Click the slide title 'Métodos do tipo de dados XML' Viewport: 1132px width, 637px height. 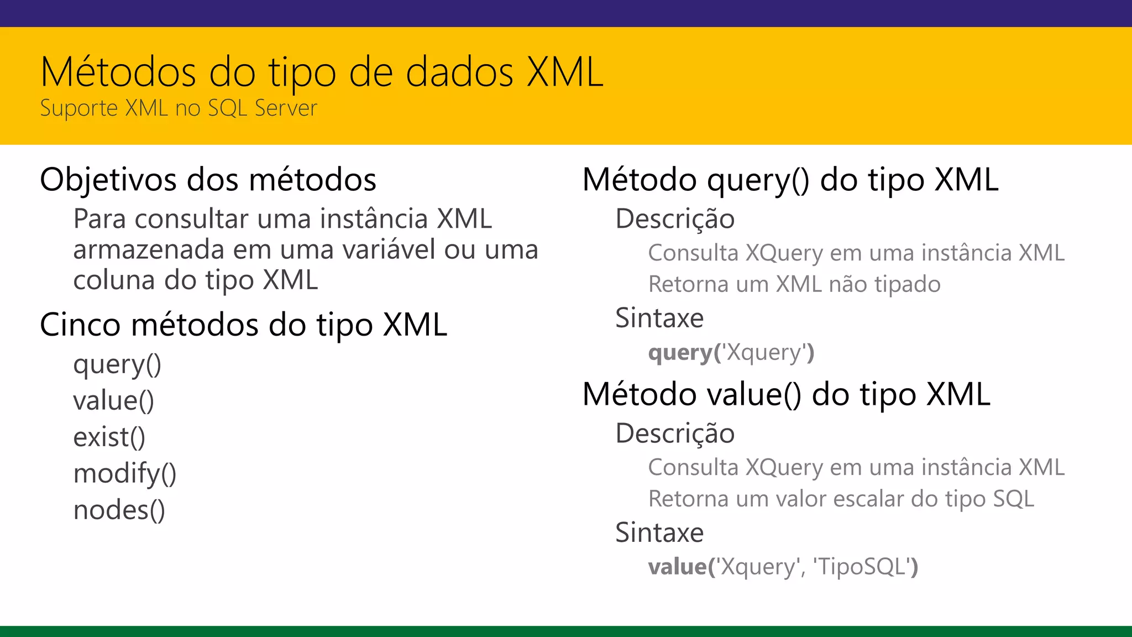tap(322, 72)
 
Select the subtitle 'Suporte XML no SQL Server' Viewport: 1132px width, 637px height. tap(179, 108)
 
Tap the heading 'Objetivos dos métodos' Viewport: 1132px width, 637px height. tap(208, 180)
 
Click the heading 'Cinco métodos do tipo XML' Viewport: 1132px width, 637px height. tap(243, 325)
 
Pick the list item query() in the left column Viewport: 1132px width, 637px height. tap(117, 365)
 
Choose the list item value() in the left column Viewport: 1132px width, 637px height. tap(113, 401)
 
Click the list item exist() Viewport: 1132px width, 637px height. tap(109, 437)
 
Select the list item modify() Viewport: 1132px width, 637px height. tap(124, 474)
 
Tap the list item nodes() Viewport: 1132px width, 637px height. tap(119, 510)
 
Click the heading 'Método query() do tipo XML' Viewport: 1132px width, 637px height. tap(790, 180)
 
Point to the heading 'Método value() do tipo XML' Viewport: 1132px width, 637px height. tap(786, 395)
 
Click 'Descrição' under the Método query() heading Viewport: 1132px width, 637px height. tap(675, 219)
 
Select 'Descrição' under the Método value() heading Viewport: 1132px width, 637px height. tap(675, 434)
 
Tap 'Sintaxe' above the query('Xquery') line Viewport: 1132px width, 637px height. tap(659, 318)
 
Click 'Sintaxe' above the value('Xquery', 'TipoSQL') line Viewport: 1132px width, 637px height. tap(659, 533)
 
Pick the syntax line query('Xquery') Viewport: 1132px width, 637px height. tap(731, 353)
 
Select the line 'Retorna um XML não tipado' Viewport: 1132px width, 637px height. tap(794, 285)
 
